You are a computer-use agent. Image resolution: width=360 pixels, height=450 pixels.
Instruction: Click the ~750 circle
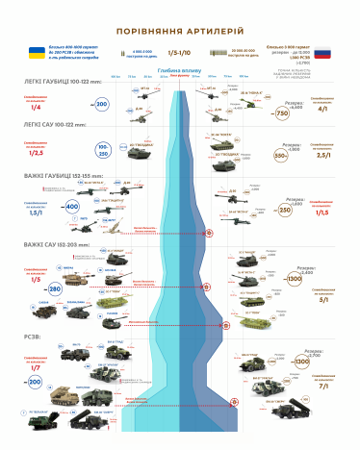[x=282, y=113]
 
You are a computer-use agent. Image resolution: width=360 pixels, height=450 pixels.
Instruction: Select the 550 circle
[x=282, y=154]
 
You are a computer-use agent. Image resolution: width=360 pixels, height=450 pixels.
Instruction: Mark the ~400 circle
[x=70, y=207]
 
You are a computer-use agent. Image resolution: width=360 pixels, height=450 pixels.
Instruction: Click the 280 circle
[x=55, y=288]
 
